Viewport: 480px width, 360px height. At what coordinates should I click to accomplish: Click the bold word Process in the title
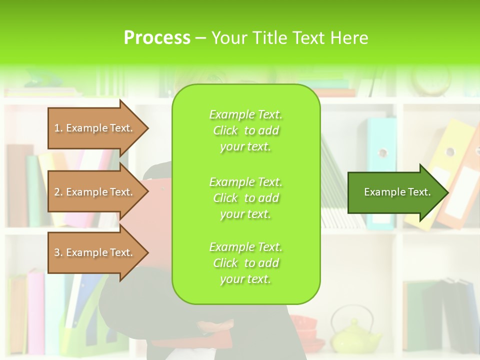coord(157,37)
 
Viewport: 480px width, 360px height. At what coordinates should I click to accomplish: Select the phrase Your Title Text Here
coord(289,37)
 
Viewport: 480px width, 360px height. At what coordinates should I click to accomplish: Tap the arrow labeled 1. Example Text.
coord(95,128)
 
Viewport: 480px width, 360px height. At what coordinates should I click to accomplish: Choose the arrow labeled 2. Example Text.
coord(95,192)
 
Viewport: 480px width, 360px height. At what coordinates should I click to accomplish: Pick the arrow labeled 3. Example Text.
coord(95,252)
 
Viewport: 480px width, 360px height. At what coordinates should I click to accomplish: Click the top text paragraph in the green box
coord(245,130)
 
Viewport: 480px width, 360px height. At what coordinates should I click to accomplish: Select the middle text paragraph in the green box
coord(245,198)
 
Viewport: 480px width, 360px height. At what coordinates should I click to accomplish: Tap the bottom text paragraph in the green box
coord(245,263)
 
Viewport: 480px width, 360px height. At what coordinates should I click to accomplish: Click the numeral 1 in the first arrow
coord(57,128)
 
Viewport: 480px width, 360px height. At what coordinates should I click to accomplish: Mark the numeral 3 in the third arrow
coord(57,252)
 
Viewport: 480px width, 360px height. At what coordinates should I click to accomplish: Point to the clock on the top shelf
coord(430,80)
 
